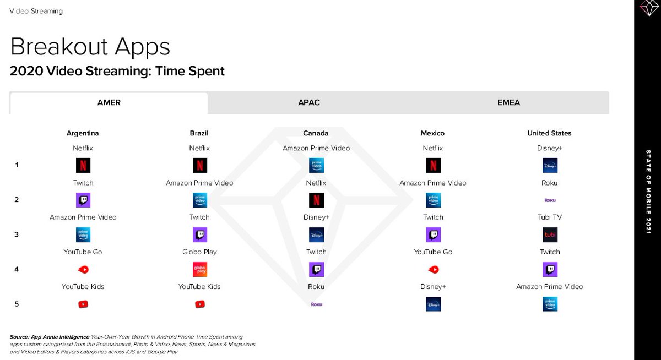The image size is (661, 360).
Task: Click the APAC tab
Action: pyautogui.click(x=308, y=102)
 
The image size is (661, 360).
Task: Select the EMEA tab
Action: pyautogui.click(x=508, y=102)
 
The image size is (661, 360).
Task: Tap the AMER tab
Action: pyautogui.click(x=109, y=103)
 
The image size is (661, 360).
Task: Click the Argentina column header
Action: pyautogui.click(x=83, y=133)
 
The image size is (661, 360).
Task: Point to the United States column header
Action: pyautogui.click(x=549, y=133)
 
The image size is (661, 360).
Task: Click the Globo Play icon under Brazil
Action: pyautogui.click(x=200, y=270)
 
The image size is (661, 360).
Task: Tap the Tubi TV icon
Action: pyautogui.click(x=550, y=235)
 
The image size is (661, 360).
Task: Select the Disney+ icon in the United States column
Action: pyautogui.click(x=550, y=165)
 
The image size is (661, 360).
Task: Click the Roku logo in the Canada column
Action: pyautogui.click(x=316, y=304)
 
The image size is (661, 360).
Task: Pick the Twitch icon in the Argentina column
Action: pyautogui.click(x=83, y=200)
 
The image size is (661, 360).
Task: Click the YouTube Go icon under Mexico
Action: pyautogui.click(x=433, y=270)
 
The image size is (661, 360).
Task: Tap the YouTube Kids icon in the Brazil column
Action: pyautogui.click(x=200, y=304)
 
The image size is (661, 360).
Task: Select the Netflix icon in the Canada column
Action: pyautogui.click(x=316, y=200)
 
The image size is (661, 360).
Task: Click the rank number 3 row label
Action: pyautogui.click(x=17, y=234)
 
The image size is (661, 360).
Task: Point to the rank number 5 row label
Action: pyautogui.click(x=17, y=304)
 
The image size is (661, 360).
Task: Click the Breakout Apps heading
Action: pyautogui.click(x=90, y=47)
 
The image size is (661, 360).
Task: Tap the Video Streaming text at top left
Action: pyautogui.click(x=36, y=11)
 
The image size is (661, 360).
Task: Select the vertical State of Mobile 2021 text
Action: pyautogui.click(x=648, y=192)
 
